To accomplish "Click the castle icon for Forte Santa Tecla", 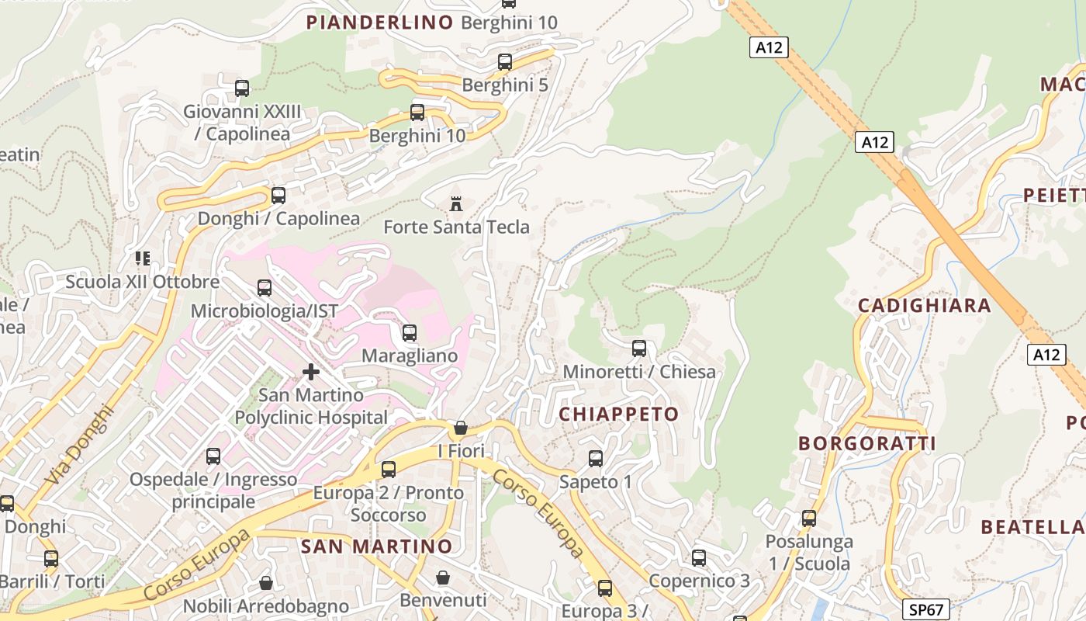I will pos(456,204).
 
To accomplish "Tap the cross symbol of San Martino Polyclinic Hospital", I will pos(311,372).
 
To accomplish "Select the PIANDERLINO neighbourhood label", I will pos(379,23).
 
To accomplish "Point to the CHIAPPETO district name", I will pos(619,415).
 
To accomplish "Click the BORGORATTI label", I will pos(867,444).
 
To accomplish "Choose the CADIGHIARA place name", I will pos(924,306).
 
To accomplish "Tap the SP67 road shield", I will pos(927,609).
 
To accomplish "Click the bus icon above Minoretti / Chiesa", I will pos(638,349).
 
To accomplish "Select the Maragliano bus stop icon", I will pos(410,333).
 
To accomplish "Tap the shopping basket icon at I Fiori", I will pos(461,428).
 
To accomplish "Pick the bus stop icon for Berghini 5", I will pos(505,62).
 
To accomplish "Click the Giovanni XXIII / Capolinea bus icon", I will pos(242,88).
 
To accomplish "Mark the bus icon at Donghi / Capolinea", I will pos(278,196).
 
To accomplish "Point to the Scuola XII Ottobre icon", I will pos(142,258).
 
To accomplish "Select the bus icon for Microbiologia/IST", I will pos(265,288).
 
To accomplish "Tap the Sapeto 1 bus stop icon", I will pos(596,459).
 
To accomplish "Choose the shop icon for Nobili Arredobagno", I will pos(266,582).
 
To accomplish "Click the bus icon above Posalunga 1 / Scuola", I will pos(809,518).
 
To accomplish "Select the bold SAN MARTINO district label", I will pos(376,546).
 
